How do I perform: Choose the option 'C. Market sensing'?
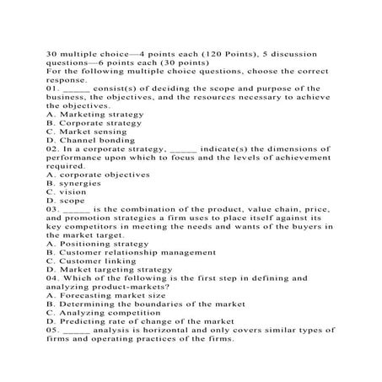pos(83,132)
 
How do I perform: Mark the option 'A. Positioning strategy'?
pos(92,244)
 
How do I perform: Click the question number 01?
pos(51,88)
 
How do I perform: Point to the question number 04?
pos(51,279)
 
